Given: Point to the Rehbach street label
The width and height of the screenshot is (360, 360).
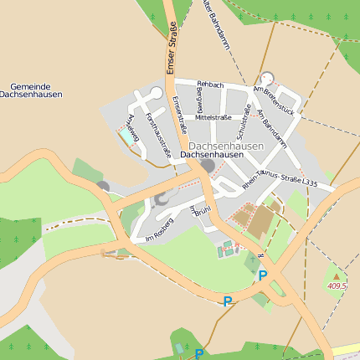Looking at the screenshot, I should coord(210,85).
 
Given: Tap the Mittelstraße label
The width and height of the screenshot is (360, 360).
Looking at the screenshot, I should coord(213,118).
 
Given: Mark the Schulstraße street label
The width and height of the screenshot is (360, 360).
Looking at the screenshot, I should coord(244,122).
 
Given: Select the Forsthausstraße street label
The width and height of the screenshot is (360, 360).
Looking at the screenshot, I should coord(158,135).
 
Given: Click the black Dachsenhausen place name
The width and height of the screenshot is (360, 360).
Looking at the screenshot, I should coord(212,156).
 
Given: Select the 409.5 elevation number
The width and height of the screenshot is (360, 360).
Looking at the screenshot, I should coord(337,285).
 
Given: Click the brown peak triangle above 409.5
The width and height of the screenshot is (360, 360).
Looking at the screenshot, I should coord(337,275).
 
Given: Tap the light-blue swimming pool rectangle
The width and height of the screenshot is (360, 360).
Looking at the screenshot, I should coord(127,136).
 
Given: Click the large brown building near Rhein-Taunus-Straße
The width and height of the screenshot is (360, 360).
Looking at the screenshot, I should coord(260,221).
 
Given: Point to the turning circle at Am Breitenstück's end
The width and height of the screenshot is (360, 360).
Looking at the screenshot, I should coord(267,80).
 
